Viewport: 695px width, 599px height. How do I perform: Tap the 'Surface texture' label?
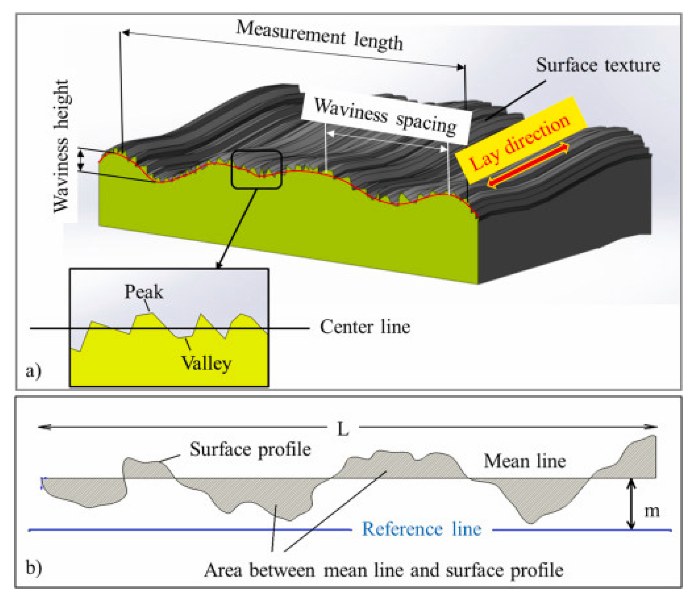coord(598,65)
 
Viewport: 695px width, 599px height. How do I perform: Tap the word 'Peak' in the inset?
coord(144,292)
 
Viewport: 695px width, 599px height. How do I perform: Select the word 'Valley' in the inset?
coord(206,363)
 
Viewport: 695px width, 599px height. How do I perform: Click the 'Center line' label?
coord(365,327)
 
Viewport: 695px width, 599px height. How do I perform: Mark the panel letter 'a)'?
coord(34,371)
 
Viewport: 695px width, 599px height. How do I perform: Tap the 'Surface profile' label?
coord(250,449)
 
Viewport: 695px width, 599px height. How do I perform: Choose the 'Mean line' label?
coord(525,461)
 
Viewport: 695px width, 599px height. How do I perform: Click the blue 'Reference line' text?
coord(421,529)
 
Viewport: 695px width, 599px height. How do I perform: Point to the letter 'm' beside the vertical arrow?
coord(652,511)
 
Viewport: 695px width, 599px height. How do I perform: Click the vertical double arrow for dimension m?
coord(631,504)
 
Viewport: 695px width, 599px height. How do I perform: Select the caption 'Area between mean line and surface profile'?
coord(384,570)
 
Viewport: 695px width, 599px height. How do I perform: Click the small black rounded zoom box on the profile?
coord(257,169)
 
